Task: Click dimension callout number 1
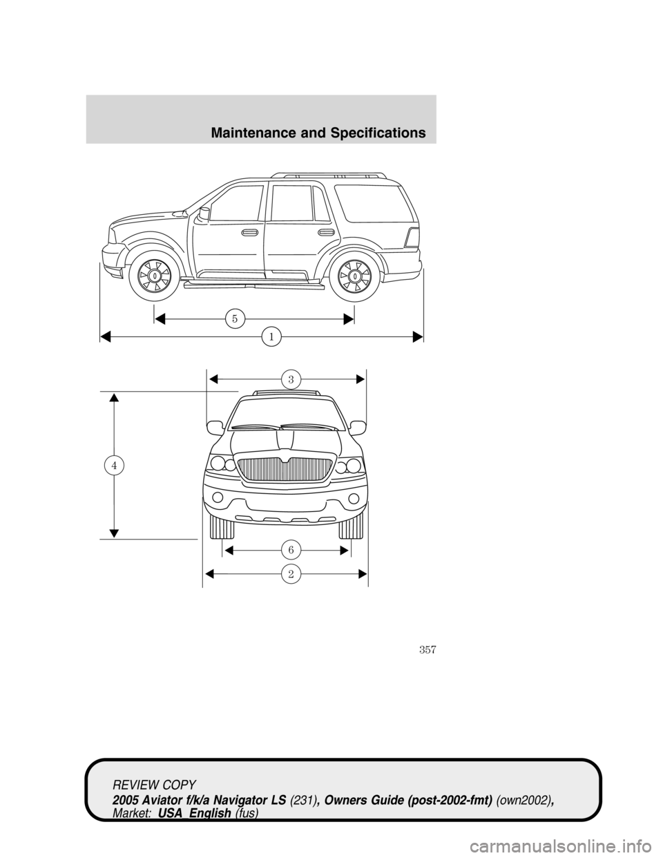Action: pos(271,336)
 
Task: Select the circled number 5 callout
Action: pos(234,318)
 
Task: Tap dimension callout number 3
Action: pos(291,379)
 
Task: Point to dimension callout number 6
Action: pos(291,549)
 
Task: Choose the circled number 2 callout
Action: pos(291,573)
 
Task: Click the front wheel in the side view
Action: pos(156,275)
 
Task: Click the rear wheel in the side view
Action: pos(354,275)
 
